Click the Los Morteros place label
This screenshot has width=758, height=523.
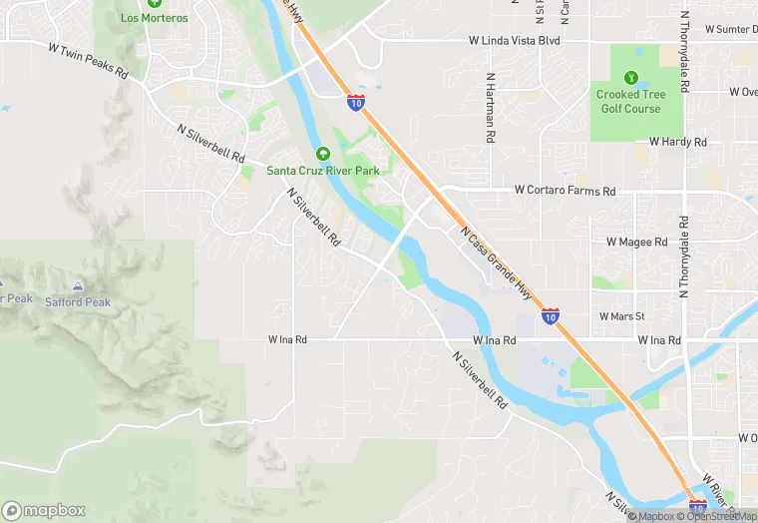click(x=154, y=18)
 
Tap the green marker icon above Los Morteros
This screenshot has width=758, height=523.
click(x=154, y=4)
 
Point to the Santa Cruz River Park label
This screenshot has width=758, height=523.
click(x=323, y=171)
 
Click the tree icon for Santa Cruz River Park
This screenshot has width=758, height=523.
click(x=323, y=154)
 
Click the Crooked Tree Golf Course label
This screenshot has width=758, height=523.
click(x=629, y=101)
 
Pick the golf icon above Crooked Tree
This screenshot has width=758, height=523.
click(x=629, y=78)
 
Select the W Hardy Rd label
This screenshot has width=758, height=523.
click(x=677, y=142)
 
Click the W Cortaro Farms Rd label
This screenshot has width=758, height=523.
click(x=566, y=190)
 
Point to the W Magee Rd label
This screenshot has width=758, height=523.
click(x=636, y=242)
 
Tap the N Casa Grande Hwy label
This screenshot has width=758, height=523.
click(x=496, y=261)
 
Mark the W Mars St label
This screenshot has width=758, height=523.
click(x=622, y=316)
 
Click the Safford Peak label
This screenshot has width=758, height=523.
click(x=78, y=302)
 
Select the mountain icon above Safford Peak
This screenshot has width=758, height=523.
click(x=78, y=286)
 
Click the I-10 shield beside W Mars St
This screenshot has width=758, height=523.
click(x=551, y=315)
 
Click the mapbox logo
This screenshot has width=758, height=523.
click(x=44, y=510)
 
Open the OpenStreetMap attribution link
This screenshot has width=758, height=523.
click(x=717, y=516)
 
